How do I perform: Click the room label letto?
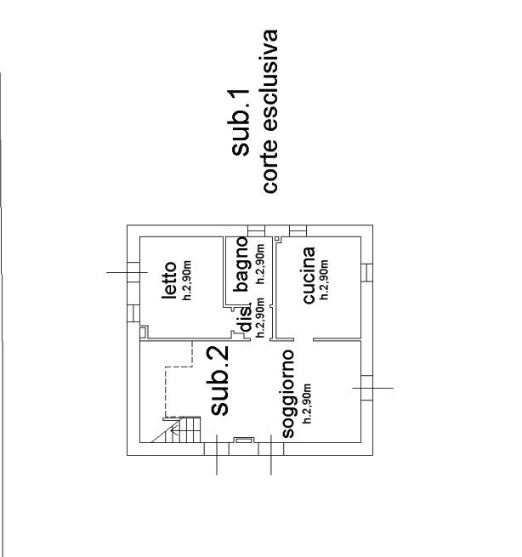(169, 281)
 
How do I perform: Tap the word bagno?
(241, 264)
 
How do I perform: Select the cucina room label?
(309, 275)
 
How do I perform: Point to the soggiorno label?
(287, 394)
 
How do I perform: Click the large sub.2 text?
(219, 380)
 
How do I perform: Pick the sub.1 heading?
(241, 122)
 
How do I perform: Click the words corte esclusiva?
(270, 111)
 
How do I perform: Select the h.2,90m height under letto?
(187, 281)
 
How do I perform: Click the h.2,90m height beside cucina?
(324, 280)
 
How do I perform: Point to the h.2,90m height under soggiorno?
(307, 403)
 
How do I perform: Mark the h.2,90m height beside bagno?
(261, 264)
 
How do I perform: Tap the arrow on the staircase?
(174, 432)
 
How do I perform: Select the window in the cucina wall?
(366, 272)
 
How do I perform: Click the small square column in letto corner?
(143, 332)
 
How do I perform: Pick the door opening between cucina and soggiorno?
(304, 340)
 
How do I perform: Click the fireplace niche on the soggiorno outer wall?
(244, 440)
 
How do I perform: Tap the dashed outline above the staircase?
(179, 379)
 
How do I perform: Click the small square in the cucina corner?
(277, 239)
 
